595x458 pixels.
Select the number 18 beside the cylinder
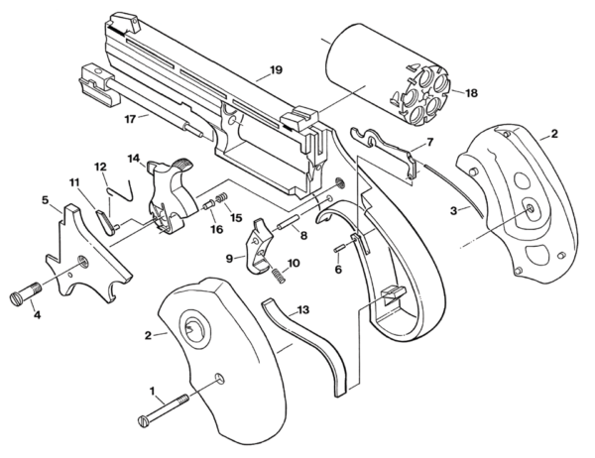[x=470, y=93]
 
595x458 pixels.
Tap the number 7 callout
[x=429, y=143]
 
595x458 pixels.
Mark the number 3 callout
[x=454, y=211]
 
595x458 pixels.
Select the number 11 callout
[x=73, y=182]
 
